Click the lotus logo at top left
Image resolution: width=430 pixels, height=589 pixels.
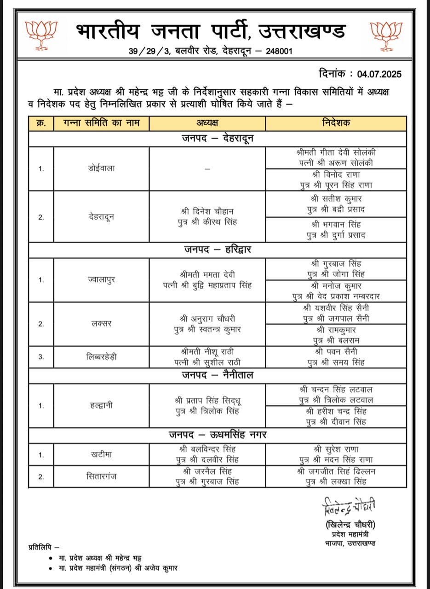click(42, 35)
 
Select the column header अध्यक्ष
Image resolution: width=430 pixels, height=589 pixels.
click(207, 123)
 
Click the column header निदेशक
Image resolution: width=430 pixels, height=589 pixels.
click(336, 123)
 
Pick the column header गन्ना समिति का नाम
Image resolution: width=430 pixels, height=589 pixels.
click(102, 123)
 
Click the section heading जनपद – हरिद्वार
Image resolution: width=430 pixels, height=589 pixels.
click(218, 250)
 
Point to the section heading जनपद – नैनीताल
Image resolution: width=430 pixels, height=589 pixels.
click(217, 375)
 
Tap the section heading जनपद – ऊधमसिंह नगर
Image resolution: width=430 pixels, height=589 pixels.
click(217, 435)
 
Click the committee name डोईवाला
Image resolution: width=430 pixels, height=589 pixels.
click(102, 168)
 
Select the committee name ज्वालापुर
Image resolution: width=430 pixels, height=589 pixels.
click(102, 279)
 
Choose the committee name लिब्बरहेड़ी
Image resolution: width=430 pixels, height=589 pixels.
click(102, 357)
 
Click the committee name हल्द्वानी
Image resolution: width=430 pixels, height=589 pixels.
click(102, 405)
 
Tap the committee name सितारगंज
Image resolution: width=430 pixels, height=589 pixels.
click(102, 476)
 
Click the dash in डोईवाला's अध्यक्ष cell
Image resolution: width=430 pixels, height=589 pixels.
click(207, 169)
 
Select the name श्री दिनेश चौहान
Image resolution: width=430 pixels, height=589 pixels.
click(207, 211)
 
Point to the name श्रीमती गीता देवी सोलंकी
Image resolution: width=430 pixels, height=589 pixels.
click(337, 152)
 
